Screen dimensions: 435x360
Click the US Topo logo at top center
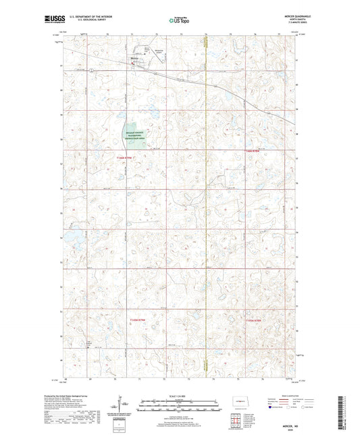[179, 21]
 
